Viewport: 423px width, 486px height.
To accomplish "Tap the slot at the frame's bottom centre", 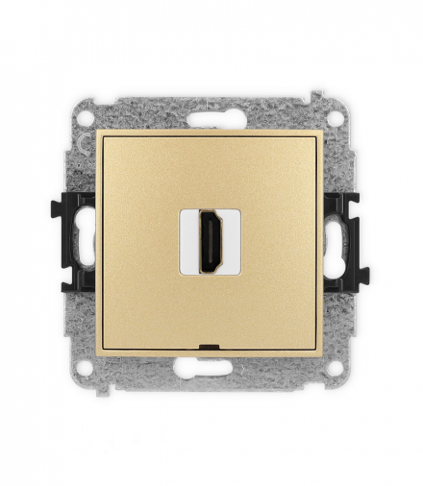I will (x=211, y=367).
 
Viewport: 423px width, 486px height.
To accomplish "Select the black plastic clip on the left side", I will (x=77, y=242).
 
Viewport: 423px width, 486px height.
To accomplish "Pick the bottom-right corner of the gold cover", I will (x=324, y=354).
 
